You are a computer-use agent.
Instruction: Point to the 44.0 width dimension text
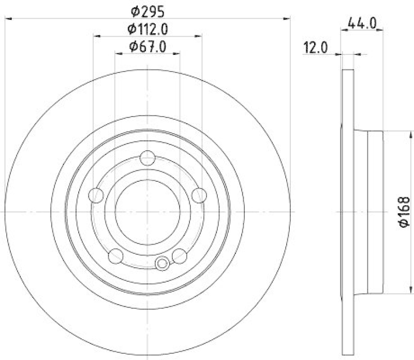click(362, 23)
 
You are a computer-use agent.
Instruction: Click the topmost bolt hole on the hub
click(148, 157)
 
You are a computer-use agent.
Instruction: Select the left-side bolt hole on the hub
click(96, 195)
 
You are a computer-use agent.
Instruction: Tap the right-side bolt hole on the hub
click(199, 195)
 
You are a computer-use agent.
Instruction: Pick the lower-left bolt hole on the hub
click(116, 255)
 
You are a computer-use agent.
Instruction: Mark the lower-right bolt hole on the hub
click(180, 255)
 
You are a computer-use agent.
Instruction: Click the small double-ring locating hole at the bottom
click(162, 264)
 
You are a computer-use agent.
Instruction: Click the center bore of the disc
click(148, 212)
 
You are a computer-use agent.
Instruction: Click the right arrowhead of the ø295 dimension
click(288, 19)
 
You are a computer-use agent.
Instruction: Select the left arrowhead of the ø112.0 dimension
click(97, 36)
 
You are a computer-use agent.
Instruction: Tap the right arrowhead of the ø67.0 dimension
click(177, 53)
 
